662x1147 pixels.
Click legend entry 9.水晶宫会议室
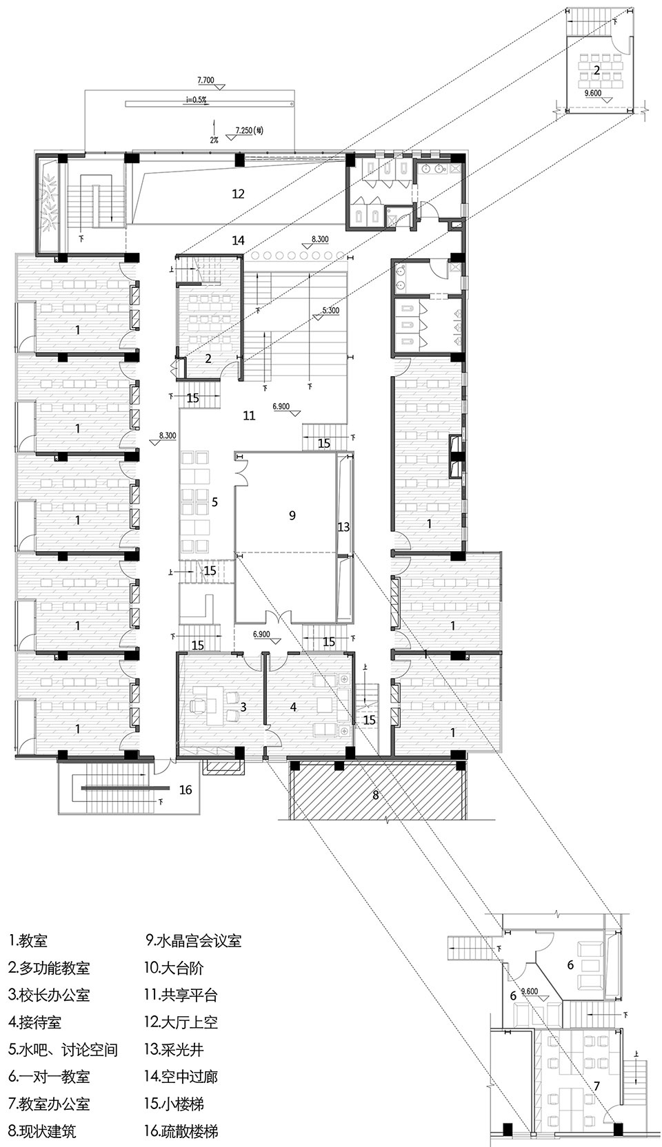(x=193, y=940)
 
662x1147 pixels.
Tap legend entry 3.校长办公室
(x=49, y=995)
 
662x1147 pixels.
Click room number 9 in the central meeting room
(x=292, y=515)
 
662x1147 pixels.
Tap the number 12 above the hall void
(x=238, y=194)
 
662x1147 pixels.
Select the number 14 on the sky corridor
(x=238, y=240)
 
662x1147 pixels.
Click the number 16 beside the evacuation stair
(x=185, y=789)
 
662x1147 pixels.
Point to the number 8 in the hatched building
(x=376, y=794)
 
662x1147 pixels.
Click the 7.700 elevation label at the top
(x=207, y=81)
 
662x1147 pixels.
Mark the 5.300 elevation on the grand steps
(x=330, y=310)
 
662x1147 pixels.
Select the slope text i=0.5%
(x=196, y=101)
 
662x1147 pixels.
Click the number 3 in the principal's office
(x=243, y=707)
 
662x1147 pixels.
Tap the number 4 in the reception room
(x=294, y=707)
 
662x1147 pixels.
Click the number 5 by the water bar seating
(x=214, y=502)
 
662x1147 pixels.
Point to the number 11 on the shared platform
(x=249, y=415)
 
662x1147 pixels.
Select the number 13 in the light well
(x=343, y=527)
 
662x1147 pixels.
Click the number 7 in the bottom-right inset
(x=596, y=1086)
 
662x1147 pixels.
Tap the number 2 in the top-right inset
(x=595, y=70)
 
